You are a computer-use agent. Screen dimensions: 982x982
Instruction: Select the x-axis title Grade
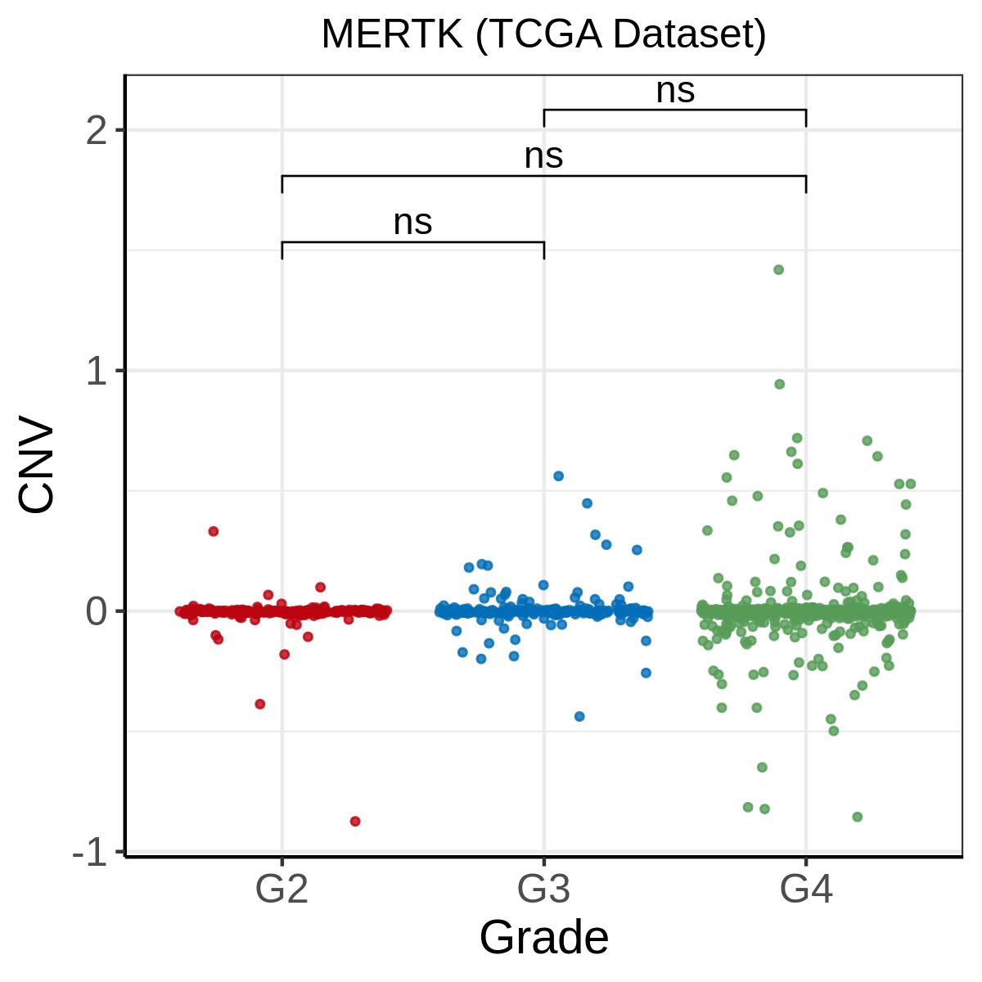(543, 938)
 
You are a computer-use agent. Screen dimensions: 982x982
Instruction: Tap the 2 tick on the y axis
(98, 131)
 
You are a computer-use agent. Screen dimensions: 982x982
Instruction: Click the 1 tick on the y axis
(98, 372)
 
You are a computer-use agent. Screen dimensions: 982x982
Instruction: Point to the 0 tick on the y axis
(98, 612)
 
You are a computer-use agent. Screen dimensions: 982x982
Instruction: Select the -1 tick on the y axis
(92, 853)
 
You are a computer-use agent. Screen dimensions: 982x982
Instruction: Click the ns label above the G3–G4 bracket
(675, 92)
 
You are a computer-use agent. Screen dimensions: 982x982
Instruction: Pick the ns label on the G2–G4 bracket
(543, 157)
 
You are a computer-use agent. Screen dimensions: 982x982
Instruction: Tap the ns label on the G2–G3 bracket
(412, 223)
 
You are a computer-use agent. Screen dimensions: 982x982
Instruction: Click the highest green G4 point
(778, 270)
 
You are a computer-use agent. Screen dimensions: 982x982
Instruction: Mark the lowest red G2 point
(355, 821)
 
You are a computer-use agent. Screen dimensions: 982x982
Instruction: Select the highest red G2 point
(214, 531)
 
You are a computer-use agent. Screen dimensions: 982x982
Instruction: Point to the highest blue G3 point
(558, 475)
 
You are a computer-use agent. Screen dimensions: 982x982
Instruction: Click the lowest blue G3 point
(579, 716)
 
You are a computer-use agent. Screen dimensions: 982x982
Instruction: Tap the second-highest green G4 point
(779, 384)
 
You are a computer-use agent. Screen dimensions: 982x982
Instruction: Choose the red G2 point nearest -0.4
(260, 704)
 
